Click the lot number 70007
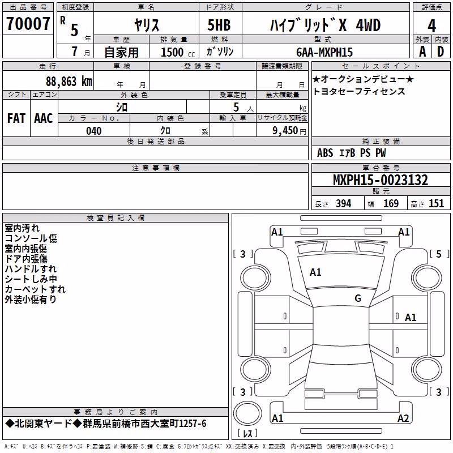tap(28, 24)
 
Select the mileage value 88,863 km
tap(69, 82)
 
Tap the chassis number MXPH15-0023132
tap(380, 180)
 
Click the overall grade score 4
tap(431, 25)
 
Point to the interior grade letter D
tap(441, 52)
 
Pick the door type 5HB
tap(219, 25)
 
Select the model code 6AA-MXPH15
tap(324, 52)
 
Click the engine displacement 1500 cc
tap(178, 52)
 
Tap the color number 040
tap(93, 131)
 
